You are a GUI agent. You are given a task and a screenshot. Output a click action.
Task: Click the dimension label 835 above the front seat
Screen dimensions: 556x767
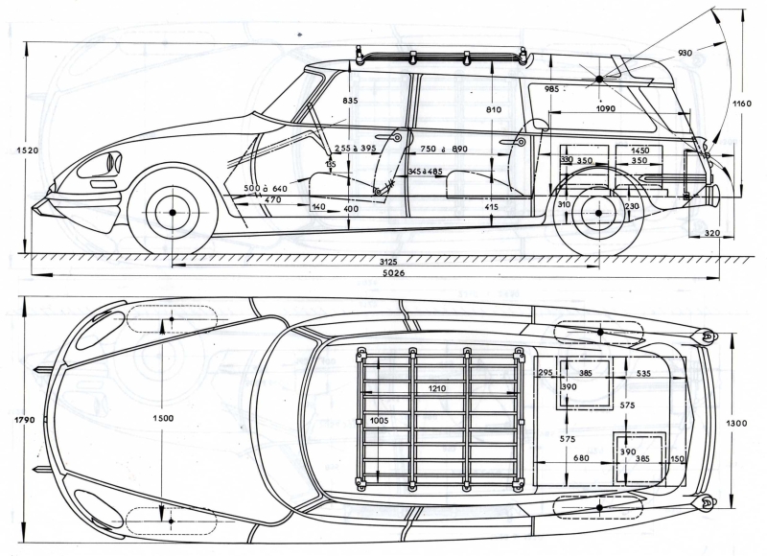(x=349, y=101)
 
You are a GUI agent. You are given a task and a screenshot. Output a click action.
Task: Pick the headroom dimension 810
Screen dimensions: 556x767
(x=493, y=110)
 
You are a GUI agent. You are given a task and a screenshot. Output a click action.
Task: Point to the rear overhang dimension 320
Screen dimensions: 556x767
(x=709, y=233)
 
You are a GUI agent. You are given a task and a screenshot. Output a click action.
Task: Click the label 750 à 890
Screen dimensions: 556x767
(x=444, y=149)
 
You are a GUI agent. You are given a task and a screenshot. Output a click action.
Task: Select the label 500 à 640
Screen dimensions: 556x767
(x=265, y=188)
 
